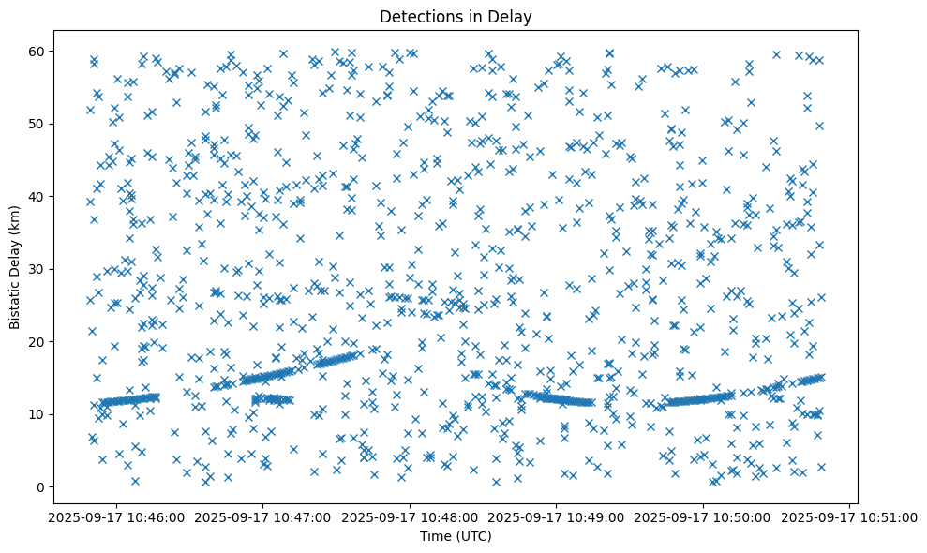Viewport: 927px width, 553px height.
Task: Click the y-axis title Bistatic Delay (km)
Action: click(16, 266)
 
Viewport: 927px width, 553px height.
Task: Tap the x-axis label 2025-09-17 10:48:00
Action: click(410, 517)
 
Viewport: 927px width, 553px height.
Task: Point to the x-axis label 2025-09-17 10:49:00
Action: click(557, 517)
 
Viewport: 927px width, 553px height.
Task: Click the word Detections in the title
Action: click(416, 16)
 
